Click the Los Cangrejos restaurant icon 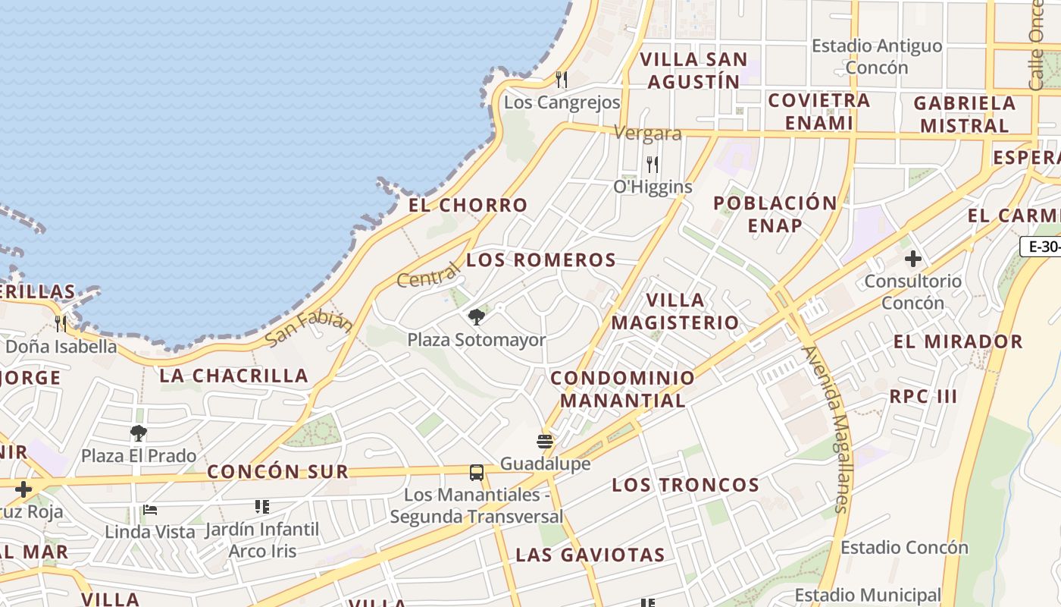[x=562, y=79]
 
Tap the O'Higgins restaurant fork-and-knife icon [x=652, y=164]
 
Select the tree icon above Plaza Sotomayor [x=477, y=316]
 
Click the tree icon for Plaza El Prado [x=138, y=433]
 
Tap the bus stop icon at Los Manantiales [x=477, y=472]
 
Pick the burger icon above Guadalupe [x=545, y=441]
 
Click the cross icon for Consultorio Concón [x=913, y=259]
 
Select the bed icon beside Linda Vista [x=150, y=510]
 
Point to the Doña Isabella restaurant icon [x=61, y=324]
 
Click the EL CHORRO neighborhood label [x=468, y=205]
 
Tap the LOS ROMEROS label [x=541, y=260]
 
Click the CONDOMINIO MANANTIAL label [x=622, y=388]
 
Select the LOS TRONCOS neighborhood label [x=685, y=485]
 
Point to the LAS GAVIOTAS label [x=590, y=555]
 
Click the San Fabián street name [x=310, y=329]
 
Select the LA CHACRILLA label [x=233, y=376]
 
